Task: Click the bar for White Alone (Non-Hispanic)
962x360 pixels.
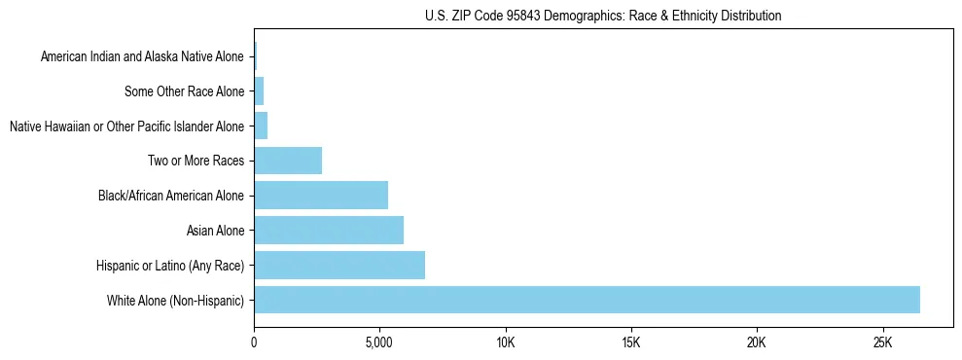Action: (587, 300)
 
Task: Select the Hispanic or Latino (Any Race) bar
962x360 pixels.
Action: (339, 265)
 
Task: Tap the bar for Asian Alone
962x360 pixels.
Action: (329, 231)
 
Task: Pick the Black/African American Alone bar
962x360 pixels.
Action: (321, 196)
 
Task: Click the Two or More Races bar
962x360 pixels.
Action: (288, 161)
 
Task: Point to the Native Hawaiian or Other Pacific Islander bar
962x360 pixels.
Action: (261, 126)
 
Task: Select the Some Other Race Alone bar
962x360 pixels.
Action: (259, 91)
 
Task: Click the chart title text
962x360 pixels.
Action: (603, 17)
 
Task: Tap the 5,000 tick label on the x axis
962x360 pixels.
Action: (379, 343)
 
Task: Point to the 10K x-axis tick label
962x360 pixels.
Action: (505, 343)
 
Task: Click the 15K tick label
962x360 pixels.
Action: (630, 343)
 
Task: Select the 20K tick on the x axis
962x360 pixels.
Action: (757, 343)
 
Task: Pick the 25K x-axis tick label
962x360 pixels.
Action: (882, 343)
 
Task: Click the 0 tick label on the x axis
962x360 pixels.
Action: (254, 343)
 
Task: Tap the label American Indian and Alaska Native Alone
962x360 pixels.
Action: (142, 57)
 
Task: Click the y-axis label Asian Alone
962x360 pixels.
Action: (215, 231)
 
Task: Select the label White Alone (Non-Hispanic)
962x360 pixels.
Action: (176, 300)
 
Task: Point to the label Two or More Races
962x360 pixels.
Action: (197, 161)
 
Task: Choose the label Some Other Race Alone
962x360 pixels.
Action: (184, 91)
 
